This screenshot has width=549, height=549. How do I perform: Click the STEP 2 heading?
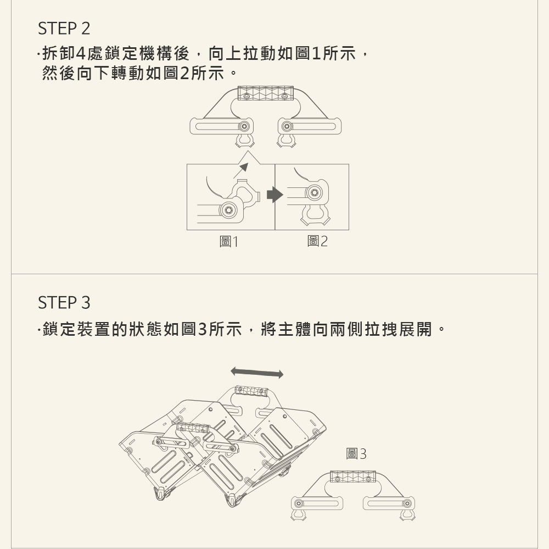pos(64,29)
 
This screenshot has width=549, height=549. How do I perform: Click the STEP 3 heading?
pos(64,303)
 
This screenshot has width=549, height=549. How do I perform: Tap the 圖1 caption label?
pos(228,242)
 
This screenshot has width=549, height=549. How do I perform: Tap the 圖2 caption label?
pos(317,241)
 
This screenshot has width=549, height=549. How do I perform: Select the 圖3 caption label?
pos(356,453)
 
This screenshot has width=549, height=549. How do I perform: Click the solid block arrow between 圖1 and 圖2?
pos(275,195)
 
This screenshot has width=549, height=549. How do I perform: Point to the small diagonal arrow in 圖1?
pos(241,171)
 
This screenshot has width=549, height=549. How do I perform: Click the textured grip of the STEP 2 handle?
pos(265,93)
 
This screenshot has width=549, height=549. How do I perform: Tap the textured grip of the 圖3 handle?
pos(352,477)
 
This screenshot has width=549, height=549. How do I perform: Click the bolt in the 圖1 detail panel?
pos(228,209)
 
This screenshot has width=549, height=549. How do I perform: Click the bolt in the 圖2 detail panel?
pos(314,192)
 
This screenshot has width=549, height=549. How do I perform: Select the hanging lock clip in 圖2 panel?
pos(315,214)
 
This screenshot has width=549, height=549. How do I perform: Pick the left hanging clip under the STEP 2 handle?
pos(245,140)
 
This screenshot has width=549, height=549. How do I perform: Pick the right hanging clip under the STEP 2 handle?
pos(287,140)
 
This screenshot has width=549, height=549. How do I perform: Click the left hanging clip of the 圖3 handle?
pos(298,514)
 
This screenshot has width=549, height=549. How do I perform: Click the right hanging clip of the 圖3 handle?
pos(407,514)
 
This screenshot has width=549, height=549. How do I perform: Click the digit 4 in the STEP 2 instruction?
pos(81,54)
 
